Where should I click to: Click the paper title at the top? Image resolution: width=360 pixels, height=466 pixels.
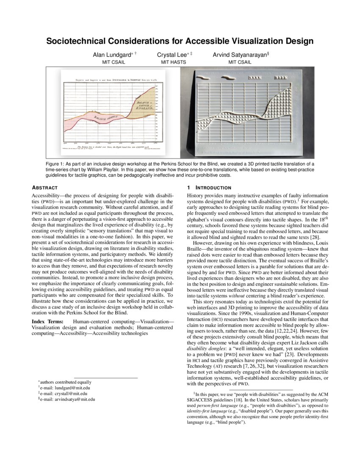[180, 41]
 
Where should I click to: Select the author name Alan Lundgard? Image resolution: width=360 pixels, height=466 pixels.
[112, 55]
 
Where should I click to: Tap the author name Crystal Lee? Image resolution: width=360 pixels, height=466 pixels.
[172, 55]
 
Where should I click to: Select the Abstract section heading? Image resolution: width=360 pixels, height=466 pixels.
[45, 188]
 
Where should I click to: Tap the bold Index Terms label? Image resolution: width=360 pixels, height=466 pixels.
[47, 322]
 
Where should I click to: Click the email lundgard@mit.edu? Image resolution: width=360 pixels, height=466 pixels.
[68, 388]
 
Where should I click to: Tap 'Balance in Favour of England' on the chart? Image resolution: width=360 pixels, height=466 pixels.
[147, 105]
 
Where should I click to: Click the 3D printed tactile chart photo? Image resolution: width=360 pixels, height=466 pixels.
[244, 112]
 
